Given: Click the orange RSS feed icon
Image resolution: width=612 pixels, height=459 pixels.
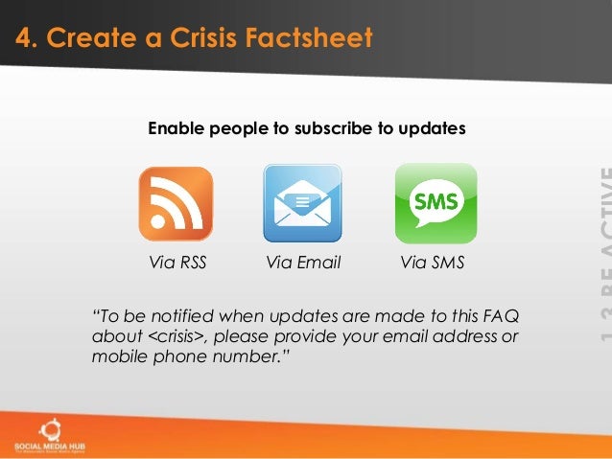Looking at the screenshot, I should click(x=176, y=203).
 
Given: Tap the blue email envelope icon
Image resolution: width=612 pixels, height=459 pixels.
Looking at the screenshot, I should click(x=303, y=203).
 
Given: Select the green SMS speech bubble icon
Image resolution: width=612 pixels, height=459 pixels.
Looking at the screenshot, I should click(x=435, y=203).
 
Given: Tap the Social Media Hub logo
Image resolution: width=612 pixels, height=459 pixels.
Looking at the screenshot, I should click(x=45, y=433).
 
